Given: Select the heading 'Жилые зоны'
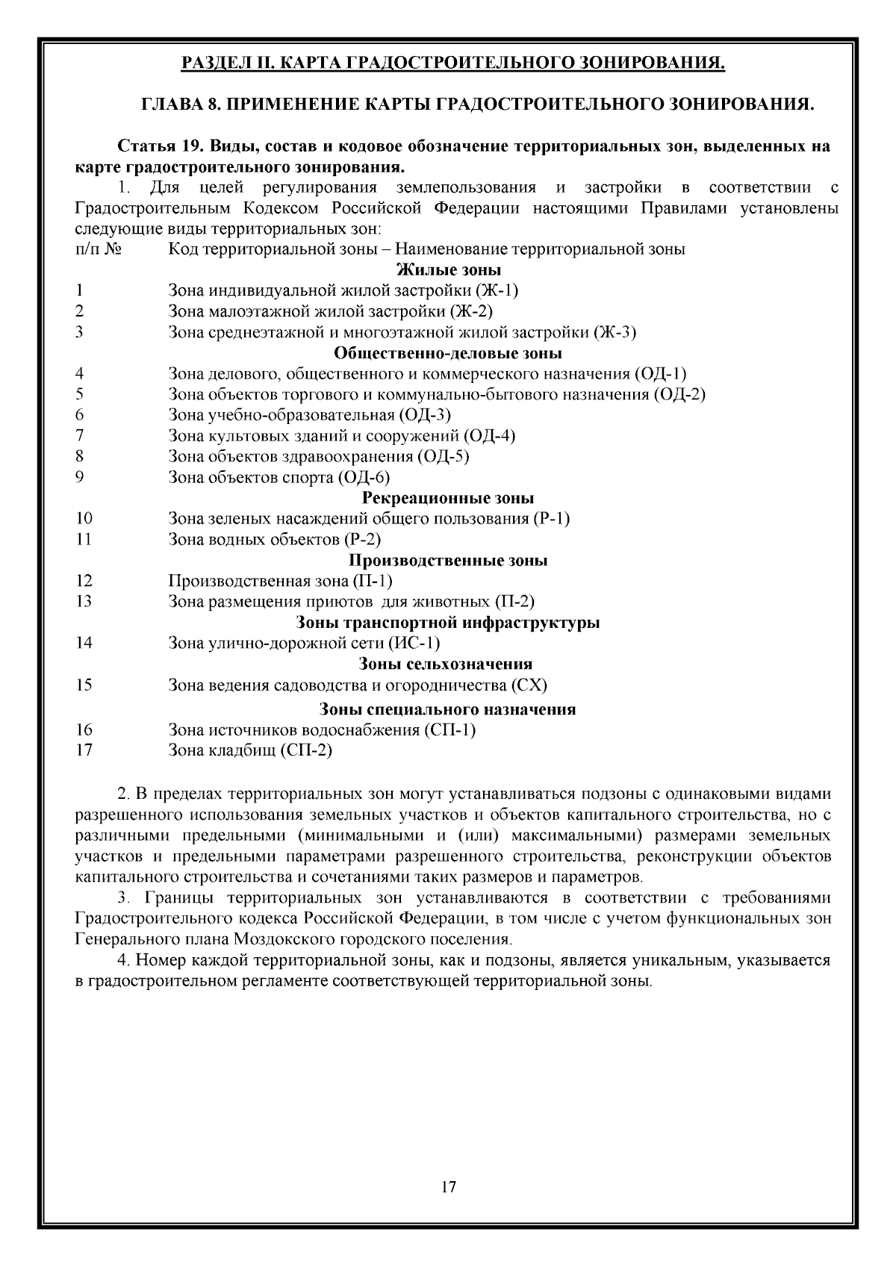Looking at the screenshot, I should (448, 270).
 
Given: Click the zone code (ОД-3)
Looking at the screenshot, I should (426, 415).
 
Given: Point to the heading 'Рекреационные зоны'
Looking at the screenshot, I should (448, 498).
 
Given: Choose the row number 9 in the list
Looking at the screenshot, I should (79, 477).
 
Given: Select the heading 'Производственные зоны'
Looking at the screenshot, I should (448, 561).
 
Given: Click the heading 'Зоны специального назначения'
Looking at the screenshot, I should (448, 709).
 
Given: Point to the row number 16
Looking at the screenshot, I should (84, 729).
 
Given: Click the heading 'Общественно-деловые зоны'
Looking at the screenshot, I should (448, 353).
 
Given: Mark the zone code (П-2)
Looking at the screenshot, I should (515, 602).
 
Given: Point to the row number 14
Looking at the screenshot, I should (84, 643).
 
